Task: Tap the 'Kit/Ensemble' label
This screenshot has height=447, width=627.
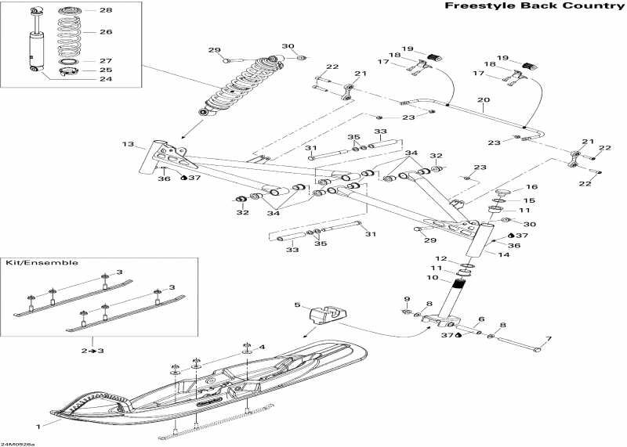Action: [x=42, y=263]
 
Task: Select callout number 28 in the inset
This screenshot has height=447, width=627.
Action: [x=106, y=10]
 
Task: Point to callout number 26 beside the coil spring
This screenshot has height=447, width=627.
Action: [x=106, y=32]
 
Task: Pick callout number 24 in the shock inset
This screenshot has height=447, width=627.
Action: [x=106, y=79]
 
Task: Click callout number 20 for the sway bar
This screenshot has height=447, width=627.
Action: [x=484, y=100]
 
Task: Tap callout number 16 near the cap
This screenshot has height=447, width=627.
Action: [x=531, y=187]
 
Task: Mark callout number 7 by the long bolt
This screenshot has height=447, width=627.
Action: [x=549, y=340]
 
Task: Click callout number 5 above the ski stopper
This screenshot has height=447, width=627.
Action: [x=298, y=305]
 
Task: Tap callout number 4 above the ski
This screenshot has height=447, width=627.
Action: [x=263, y=347]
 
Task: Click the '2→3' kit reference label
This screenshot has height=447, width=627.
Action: [x=92, y=351]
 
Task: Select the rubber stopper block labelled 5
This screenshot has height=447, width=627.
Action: [x=328, y=315]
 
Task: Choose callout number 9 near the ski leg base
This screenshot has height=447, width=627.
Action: [x=407, y=299]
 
